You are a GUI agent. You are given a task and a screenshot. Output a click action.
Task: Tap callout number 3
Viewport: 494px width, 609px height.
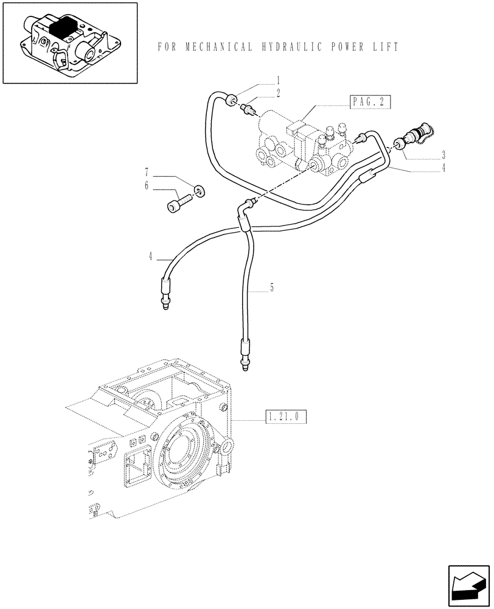coord(444,155)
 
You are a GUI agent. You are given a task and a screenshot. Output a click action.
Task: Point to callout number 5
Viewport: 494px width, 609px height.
coord(272,287)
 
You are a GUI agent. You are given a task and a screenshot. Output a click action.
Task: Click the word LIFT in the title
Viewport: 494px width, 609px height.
coord(385,46)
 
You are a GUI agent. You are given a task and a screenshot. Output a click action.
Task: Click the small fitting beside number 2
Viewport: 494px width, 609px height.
coord(248,110)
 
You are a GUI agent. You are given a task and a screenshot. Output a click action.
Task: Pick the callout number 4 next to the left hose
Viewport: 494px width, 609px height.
coord(149,257)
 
